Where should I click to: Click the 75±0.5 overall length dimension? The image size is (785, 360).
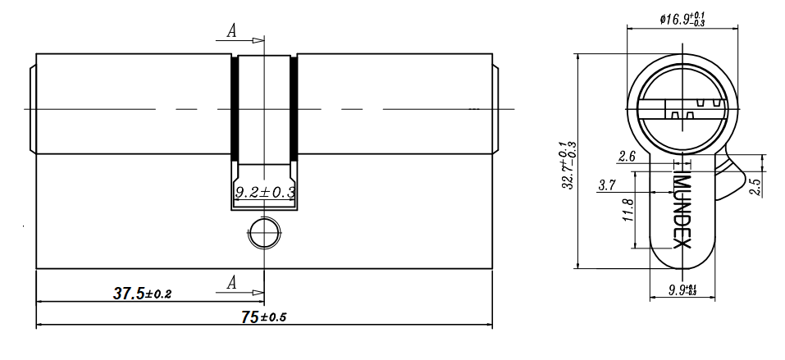pos(264,317)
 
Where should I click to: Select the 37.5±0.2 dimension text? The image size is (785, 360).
pos(142,294)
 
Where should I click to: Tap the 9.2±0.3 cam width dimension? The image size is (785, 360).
pos(264,192)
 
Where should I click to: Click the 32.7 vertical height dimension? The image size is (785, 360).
pos(569,165)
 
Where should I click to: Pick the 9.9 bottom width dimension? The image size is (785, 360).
pos(682,289)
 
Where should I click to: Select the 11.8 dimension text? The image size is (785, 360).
pos(628,210)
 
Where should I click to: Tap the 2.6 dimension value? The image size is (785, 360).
pos(627,157)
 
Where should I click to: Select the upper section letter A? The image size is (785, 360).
pos(231,31)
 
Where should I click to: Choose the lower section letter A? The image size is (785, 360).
pos(231,284)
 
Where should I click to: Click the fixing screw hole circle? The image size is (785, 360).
pos(264,234)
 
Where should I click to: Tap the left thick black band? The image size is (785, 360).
pos(235,107)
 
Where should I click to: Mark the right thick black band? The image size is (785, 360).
pos(294,107)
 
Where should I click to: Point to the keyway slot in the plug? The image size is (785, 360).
pos(682,109)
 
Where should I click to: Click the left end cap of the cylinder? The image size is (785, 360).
pos(32,108)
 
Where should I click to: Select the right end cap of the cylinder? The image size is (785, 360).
pos(495,108)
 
